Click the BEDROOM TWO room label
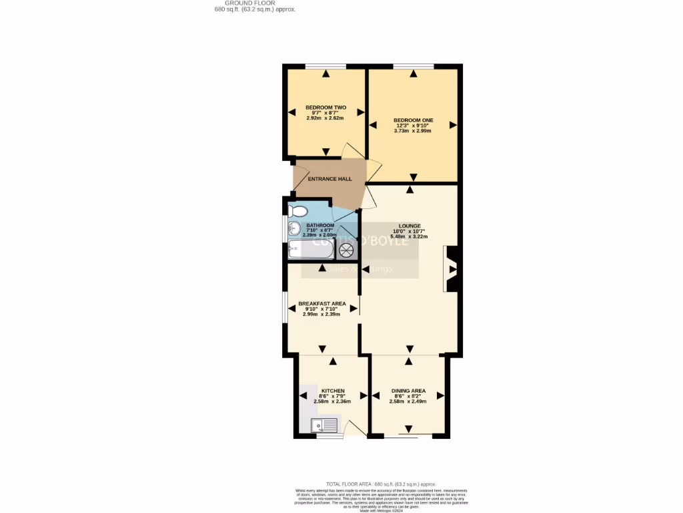point(325,108)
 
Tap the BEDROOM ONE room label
point(413,120)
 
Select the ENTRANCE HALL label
point(329,179)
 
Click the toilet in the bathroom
point(297,212)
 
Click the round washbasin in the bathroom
point(293,231)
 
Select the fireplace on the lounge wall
point(451,269)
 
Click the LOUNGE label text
point(410,226)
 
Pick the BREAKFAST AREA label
point(322,303)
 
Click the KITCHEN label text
point(333,391)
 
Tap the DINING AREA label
point(409,391)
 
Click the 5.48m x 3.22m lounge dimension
point(409,236)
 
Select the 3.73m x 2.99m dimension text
point(413,131)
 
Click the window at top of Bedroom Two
point(325,66)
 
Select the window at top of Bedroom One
point(413,66)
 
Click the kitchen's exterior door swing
point(356,427)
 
